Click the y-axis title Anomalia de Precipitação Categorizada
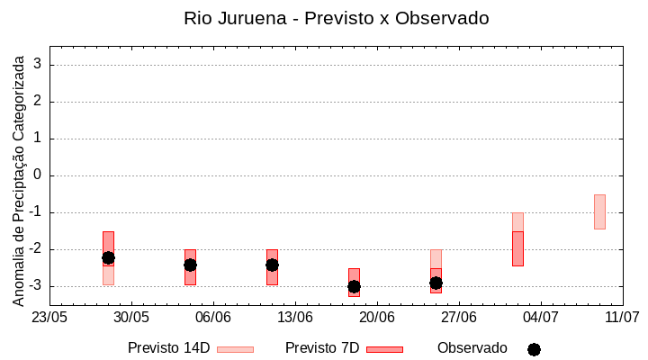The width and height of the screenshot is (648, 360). [18, 179]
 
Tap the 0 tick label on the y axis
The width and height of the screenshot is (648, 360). [39, 175]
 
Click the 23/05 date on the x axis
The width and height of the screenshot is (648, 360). [49, 317]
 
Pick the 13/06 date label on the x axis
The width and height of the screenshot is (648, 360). [294, 317]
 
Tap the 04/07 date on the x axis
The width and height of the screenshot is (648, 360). [540, 317]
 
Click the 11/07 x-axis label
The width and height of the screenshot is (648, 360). [622, 317]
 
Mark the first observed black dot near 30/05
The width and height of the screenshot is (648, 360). [108, 257]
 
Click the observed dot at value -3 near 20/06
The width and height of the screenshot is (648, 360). [354, 286]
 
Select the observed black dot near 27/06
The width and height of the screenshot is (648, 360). [436, 283]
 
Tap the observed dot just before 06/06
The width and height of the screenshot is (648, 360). [190, 265]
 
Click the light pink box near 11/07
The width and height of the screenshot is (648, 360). [599, 211]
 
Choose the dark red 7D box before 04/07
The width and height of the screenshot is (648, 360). [517, 248]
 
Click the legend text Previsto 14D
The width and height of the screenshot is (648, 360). [168, 348]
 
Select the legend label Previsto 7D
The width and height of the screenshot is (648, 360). [322, 348]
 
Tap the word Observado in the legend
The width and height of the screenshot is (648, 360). [472, 348]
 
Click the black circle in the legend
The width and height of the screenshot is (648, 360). [534, 349]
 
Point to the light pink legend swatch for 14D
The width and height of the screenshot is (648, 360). [235, 349]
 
